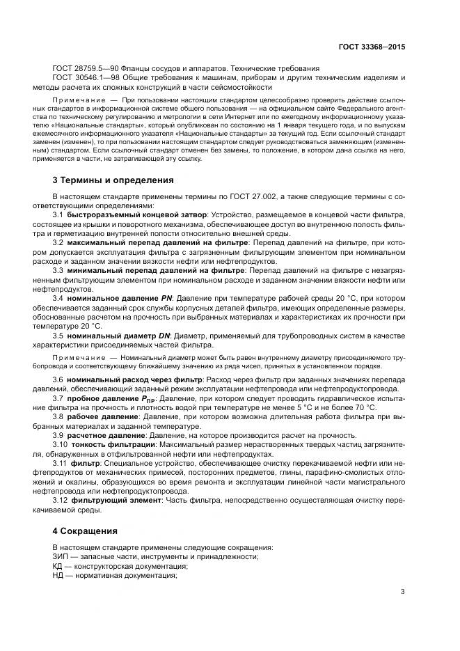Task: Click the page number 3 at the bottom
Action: point(402,593)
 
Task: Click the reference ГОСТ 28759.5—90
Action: point(86,68)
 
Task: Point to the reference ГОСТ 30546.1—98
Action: point(86,78)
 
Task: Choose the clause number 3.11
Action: point(60,462)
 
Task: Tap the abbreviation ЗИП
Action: point(61,556)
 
